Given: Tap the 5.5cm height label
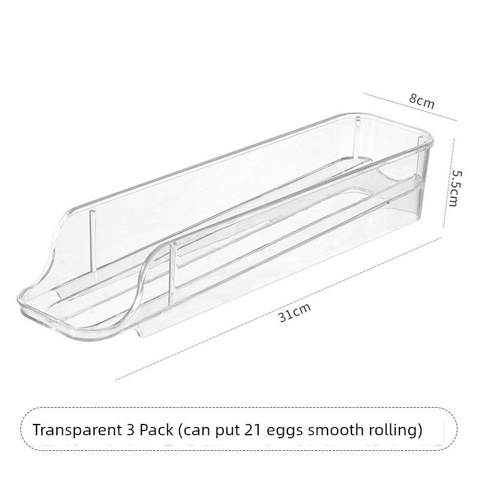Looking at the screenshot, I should [455, 187].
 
